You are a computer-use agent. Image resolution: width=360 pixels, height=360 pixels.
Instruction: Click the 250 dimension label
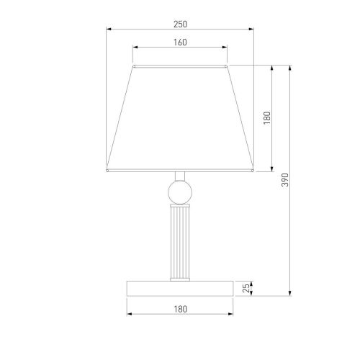180,24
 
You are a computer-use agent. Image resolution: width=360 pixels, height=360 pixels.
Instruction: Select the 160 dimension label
180,42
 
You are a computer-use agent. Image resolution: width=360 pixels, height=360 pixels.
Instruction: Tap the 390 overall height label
285,180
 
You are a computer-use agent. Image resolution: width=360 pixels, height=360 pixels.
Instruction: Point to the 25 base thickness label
246,288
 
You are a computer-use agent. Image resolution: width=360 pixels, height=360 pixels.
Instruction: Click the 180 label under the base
180,309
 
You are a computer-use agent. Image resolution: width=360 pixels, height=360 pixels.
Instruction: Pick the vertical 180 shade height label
267,118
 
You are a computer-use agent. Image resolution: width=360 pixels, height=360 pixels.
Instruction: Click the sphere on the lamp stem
180,192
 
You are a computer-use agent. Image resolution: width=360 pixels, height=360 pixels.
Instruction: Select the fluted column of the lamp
180,243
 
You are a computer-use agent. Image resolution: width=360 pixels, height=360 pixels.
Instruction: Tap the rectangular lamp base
180,289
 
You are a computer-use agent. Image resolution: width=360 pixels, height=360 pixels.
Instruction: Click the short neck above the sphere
180,176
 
